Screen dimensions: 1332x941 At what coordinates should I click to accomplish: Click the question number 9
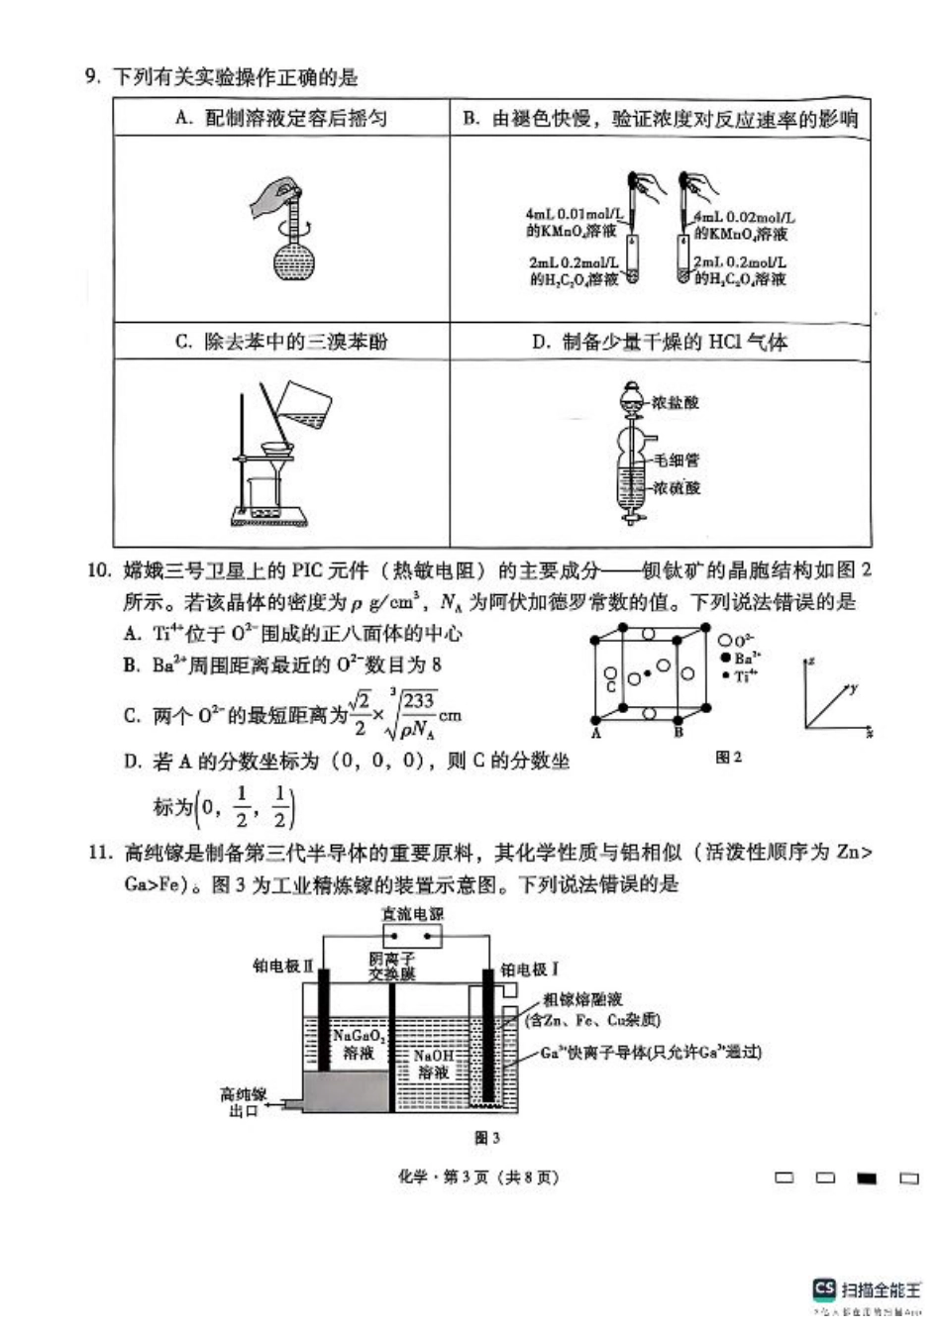[92, 77]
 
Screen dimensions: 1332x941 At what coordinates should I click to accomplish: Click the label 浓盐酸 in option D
[677, 403]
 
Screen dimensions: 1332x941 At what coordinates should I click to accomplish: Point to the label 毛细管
[677, 461]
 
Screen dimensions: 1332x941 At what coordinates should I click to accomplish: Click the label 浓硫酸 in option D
[677, 488]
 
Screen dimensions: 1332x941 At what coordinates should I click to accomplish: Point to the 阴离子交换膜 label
[392, 967]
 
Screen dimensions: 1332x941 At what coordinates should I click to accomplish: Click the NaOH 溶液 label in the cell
[433, 1064]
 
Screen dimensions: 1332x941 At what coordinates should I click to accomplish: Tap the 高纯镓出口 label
[243, 1102]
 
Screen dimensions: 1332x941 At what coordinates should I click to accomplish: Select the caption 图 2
[728, 758]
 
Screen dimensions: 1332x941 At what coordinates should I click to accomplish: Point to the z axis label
[811, 660]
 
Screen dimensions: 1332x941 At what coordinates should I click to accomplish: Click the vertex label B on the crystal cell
[680, 734]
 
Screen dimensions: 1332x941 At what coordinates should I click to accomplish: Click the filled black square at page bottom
[867, 1178]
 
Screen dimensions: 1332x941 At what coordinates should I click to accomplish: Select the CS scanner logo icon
[824, 1288]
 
